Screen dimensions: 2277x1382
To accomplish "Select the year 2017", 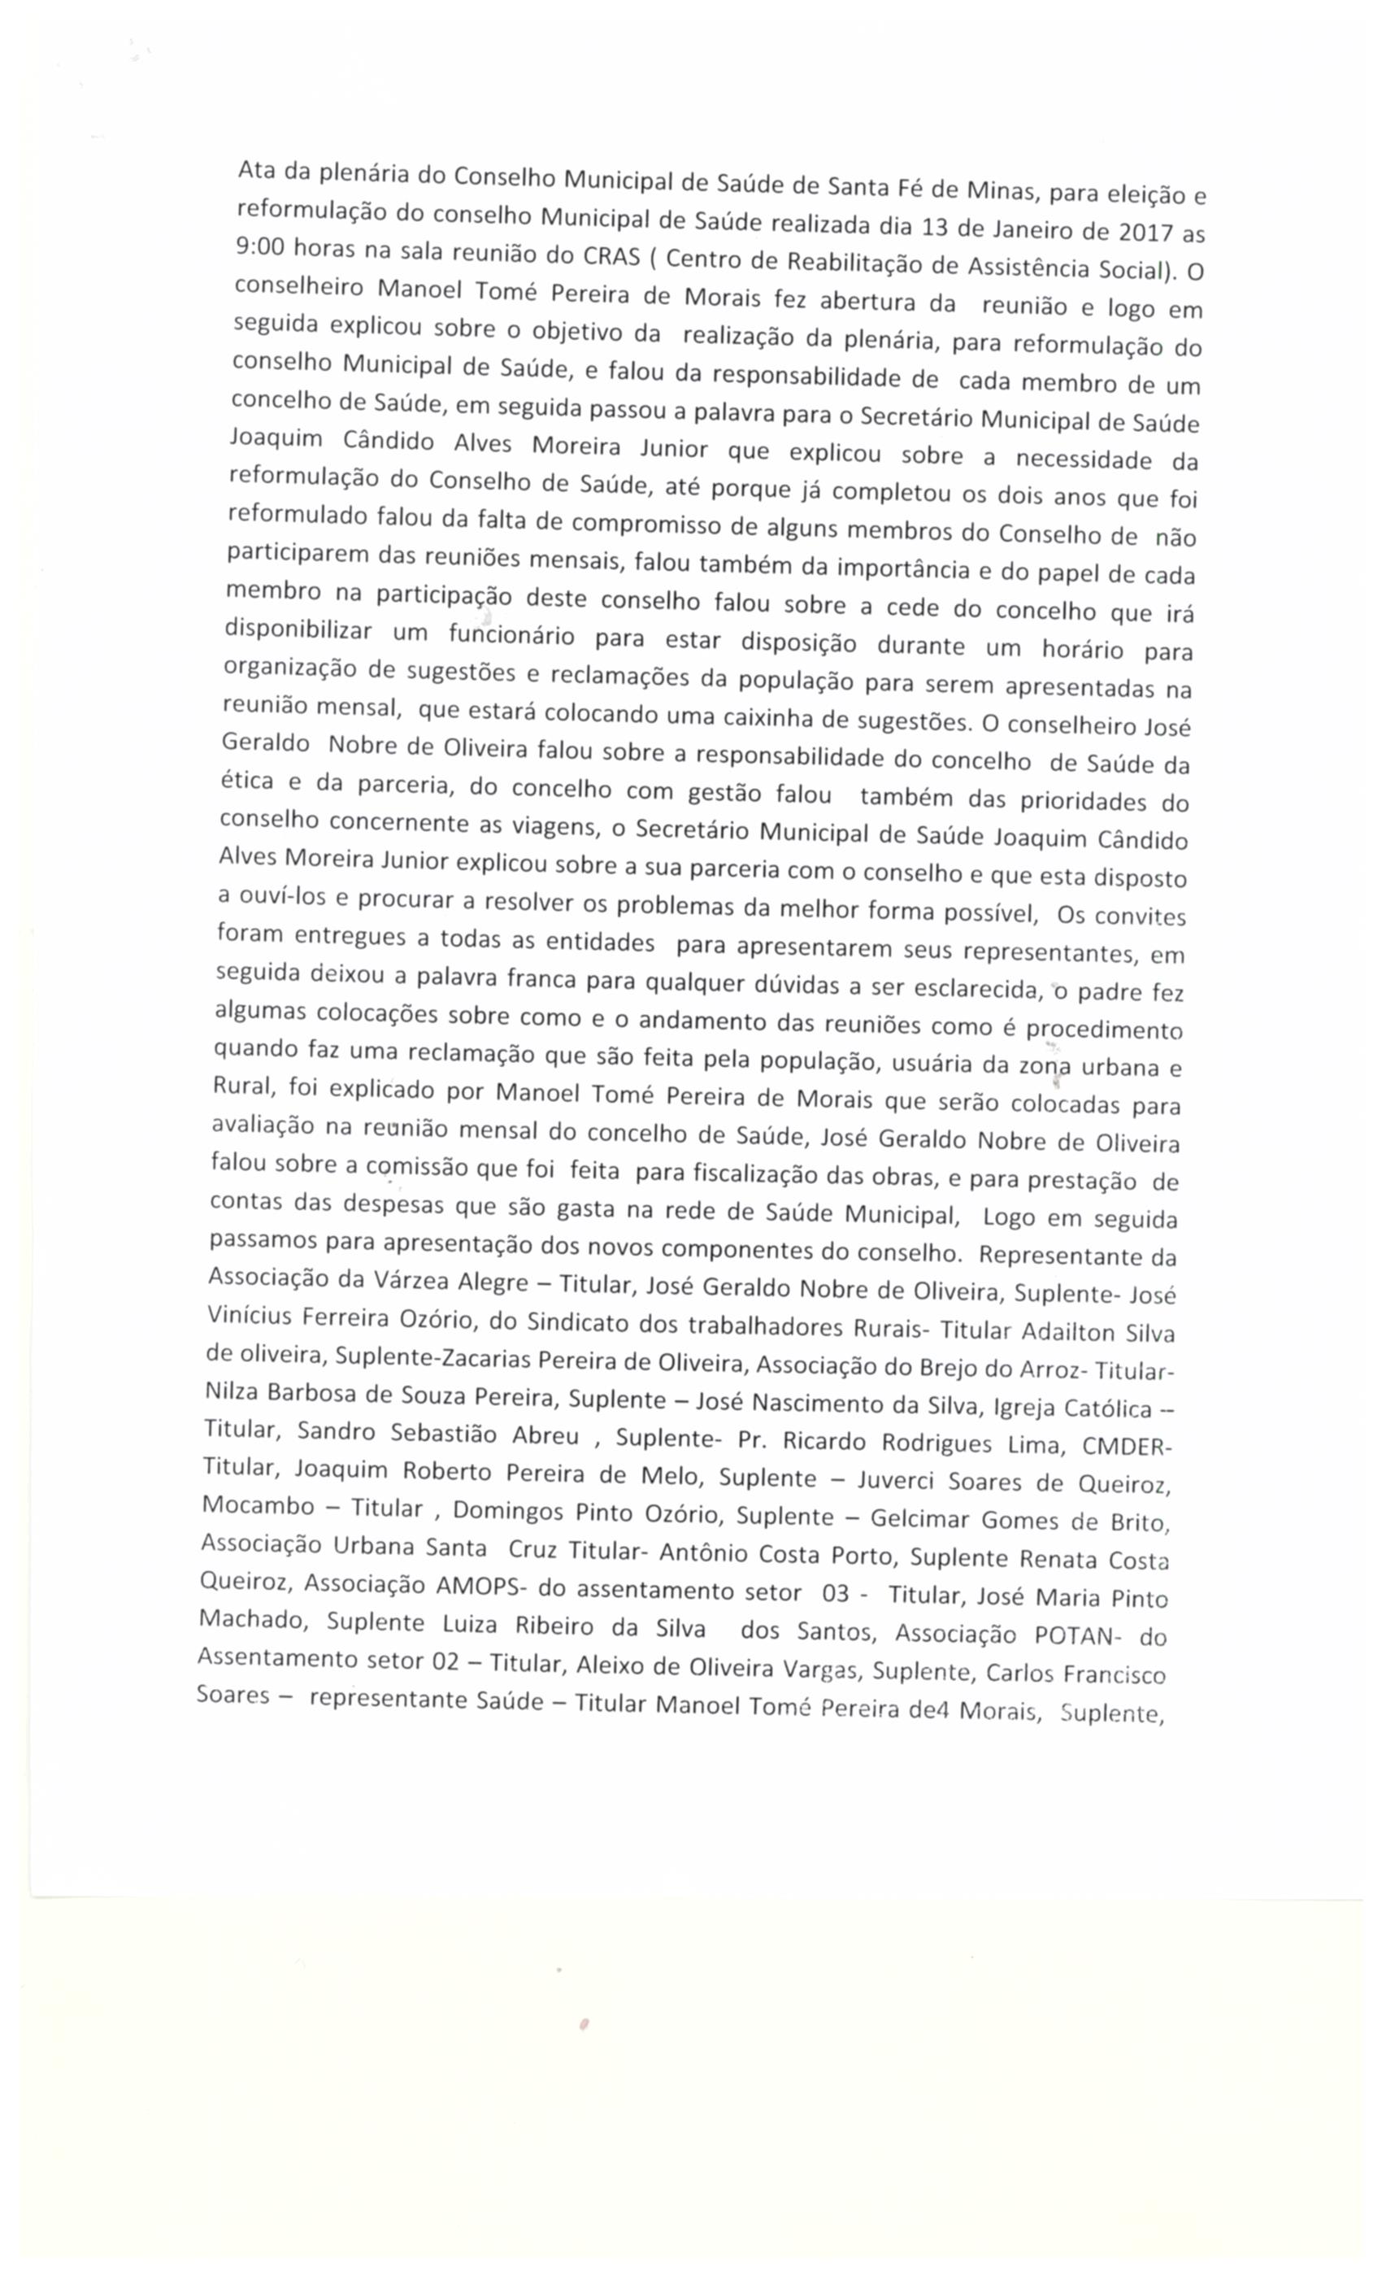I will [1145, 231].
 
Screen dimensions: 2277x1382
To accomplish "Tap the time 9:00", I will [258, 246].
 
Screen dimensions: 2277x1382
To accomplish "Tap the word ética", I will [246, 781].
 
